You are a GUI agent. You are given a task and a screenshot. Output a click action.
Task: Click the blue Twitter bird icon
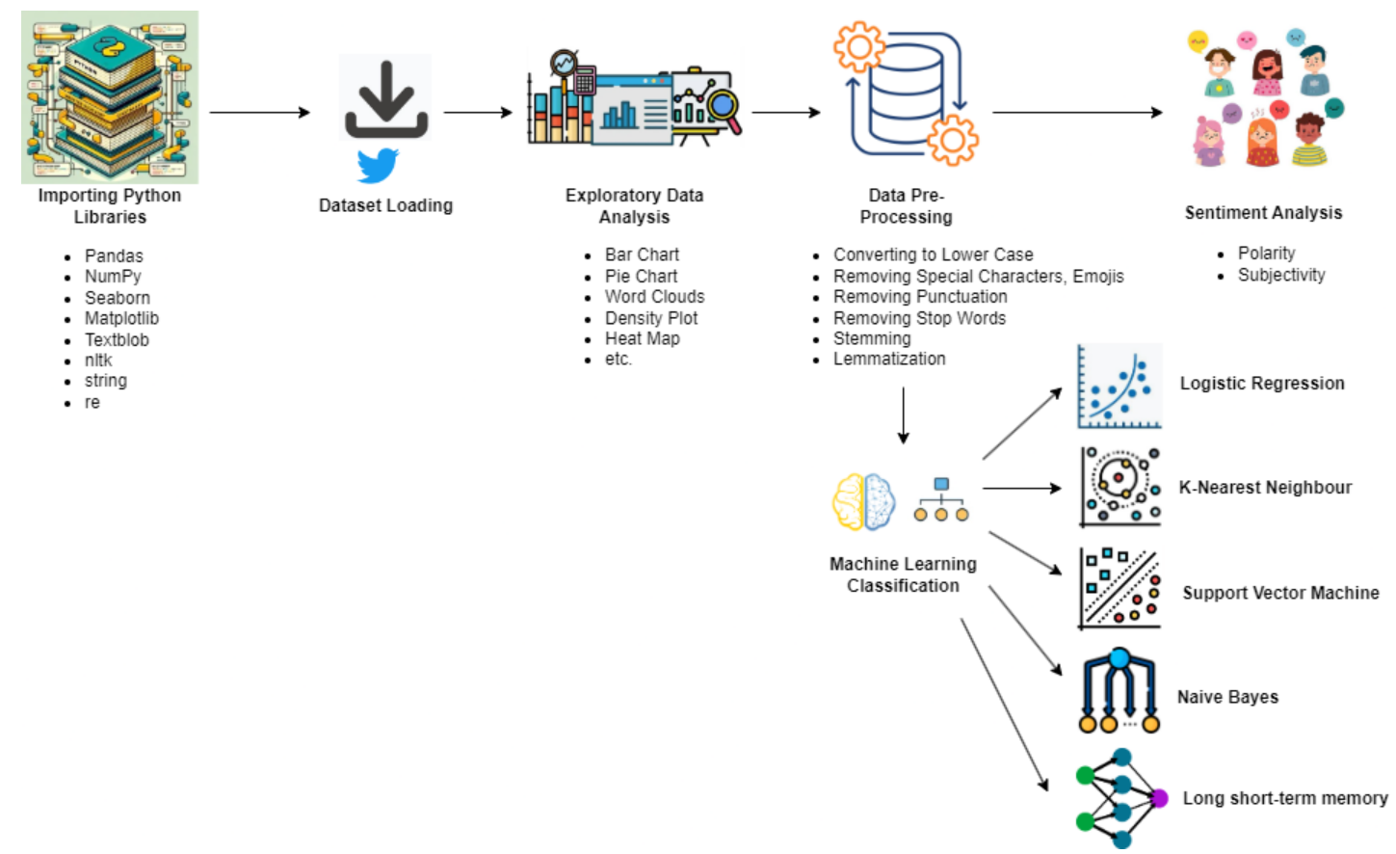click(377, 165)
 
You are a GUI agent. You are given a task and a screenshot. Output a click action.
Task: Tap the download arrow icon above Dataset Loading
click(386, 99)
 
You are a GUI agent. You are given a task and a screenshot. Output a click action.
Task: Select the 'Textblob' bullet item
click(117, 339)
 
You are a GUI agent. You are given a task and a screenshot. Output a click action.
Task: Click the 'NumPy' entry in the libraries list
click(113, 276)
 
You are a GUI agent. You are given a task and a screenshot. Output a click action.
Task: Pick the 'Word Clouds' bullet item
click(654, 296)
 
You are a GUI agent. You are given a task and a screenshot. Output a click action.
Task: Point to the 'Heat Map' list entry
click(642, 338)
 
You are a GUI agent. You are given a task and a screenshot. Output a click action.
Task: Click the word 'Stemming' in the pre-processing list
click(872, 338)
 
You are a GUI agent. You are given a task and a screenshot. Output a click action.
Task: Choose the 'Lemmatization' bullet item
click(889, 359)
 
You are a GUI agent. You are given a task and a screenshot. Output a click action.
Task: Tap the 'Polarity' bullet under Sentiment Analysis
click(1266, 253)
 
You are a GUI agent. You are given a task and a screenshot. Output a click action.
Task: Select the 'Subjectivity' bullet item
click(1281, 275)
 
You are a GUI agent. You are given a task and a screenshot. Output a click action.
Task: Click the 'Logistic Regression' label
click(1262, 383)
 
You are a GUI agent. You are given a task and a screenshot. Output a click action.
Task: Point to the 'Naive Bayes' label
click(1227, 697)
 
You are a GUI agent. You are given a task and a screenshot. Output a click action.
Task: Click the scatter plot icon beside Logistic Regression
click(1119, 386)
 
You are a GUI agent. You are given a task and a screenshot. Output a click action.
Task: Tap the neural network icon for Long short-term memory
click(1120, 798)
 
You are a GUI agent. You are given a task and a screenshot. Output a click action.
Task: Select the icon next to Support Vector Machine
click(1119, 589)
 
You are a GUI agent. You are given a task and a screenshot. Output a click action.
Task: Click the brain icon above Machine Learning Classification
click(863, 502)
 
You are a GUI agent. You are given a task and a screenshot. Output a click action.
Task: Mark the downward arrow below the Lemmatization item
click(903, 414)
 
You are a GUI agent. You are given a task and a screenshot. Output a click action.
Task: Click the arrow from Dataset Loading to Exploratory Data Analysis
click(478, 113)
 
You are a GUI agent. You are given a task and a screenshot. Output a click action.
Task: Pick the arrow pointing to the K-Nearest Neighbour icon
click(1021, 489)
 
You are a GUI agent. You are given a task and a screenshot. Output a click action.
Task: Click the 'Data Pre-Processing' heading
click(906, 206)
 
